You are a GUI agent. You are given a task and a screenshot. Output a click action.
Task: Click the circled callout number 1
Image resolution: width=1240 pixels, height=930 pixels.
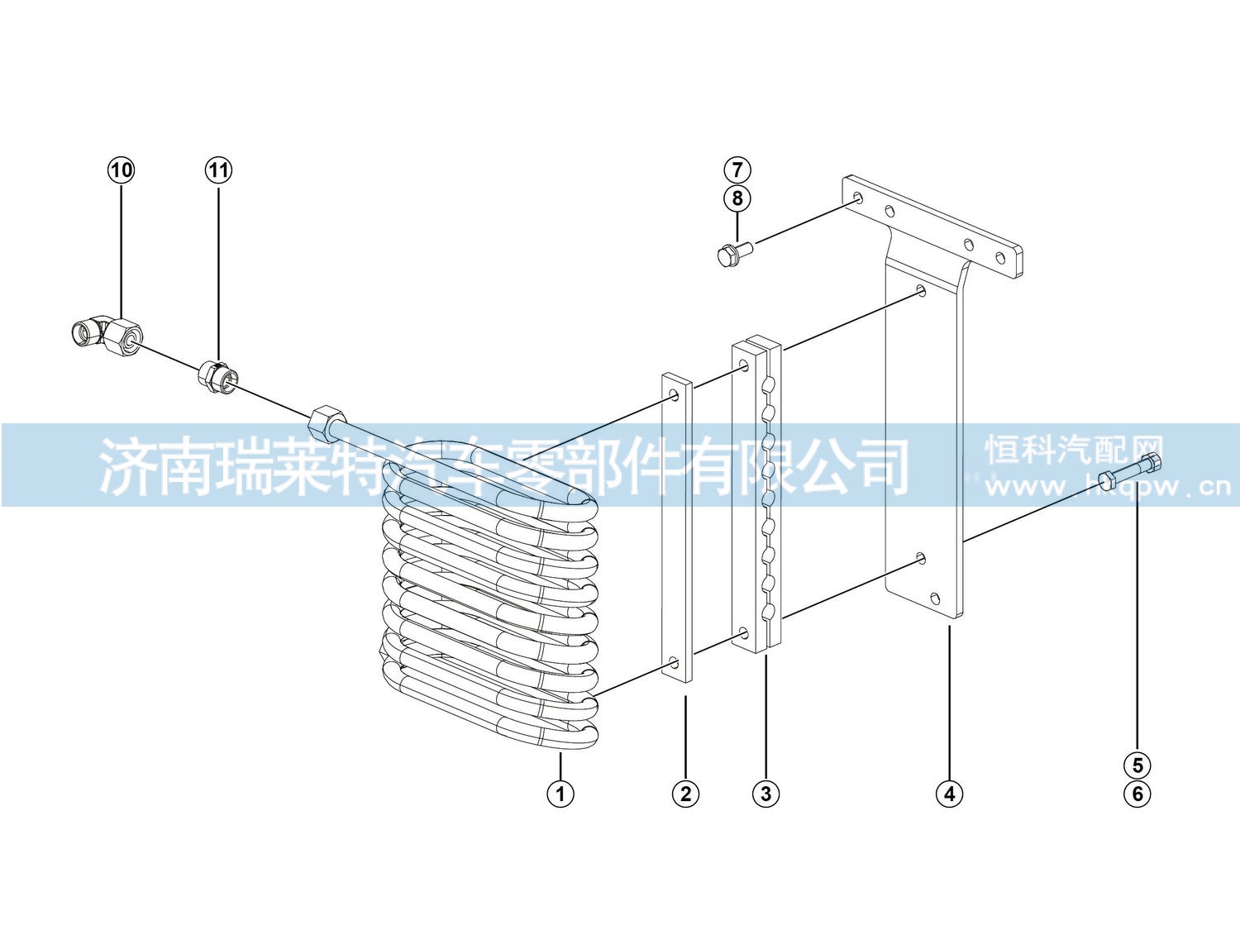560,794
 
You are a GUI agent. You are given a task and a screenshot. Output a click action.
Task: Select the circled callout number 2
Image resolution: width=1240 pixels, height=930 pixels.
685,794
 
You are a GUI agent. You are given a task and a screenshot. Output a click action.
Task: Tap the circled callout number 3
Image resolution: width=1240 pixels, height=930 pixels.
765,794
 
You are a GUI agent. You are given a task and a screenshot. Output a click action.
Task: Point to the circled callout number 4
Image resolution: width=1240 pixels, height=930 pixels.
949,794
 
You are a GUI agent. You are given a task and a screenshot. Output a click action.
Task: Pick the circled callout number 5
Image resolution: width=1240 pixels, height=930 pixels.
1137,765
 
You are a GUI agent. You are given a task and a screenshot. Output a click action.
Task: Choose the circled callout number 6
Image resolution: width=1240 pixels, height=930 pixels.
1137,794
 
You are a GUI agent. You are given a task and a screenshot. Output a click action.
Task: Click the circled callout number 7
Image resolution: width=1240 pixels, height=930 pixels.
737,169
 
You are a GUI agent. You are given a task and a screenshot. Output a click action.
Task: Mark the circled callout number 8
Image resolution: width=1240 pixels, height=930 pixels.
737,198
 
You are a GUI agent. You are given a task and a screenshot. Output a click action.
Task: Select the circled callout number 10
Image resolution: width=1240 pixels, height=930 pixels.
121,170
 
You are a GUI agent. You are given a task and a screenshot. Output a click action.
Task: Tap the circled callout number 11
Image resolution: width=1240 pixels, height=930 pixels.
218,170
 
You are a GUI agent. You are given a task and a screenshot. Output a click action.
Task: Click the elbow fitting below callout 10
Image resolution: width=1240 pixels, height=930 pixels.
108,336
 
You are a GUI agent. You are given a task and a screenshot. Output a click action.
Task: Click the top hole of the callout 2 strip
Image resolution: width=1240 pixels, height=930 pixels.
675,394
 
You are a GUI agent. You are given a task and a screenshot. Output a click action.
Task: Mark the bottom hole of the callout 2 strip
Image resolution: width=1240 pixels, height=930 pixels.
675,662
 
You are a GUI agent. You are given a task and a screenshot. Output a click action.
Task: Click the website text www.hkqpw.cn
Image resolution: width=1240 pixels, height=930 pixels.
1108,486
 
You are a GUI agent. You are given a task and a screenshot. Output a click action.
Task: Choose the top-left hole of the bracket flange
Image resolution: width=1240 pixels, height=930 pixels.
858,198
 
